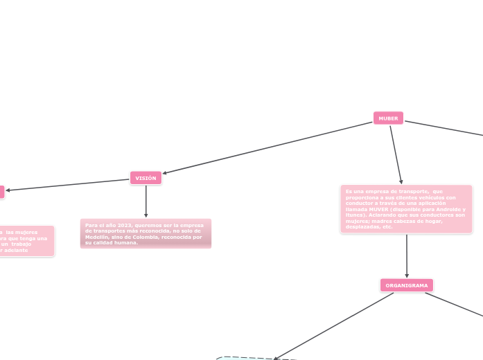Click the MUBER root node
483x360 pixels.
(388, 118)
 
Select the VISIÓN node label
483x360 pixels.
(146, 178)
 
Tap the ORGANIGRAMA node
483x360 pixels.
(407, 285)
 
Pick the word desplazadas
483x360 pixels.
(359, 227)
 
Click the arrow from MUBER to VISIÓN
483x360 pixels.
(267, 147)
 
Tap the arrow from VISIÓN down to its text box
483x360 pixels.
(146, 201)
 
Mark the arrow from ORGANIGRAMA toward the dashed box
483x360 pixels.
(333, 326)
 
